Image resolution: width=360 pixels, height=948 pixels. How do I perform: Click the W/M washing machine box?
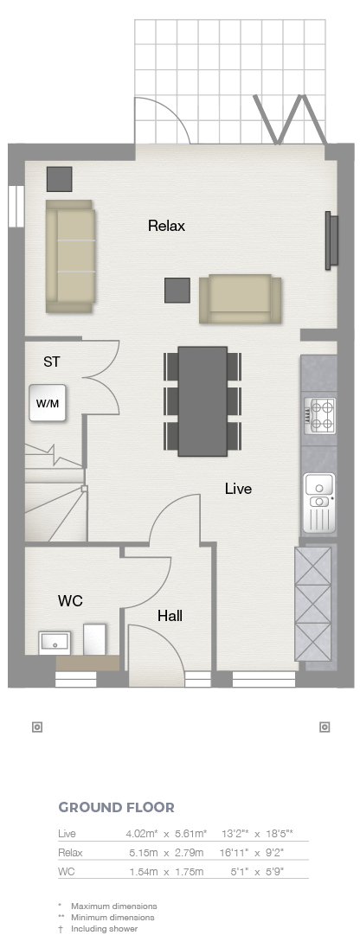tap(48, 403)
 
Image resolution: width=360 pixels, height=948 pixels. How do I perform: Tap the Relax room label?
tap(166, 226)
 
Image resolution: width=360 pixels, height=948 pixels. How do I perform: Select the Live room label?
tap(238, 489)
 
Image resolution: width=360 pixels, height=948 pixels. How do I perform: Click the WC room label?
tap(70, 601)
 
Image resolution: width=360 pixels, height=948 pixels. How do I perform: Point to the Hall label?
tap(170, 616)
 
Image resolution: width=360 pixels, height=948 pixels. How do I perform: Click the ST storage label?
tap(52, 362)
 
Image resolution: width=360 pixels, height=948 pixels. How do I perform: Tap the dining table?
tap(202, 400)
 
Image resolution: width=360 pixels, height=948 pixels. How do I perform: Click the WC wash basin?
tap(55, 643)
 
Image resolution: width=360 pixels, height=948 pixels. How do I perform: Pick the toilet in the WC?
tap(94, 639)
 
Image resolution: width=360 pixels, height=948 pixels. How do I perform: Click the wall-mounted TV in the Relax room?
tap(331, 240)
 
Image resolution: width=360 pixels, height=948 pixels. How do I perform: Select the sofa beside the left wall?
tap(70, 256)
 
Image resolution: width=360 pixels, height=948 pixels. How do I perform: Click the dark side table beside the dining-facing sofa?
tap(177, 291)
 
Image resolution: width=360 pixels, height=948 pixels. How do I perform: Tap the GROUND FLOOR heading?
tap(116, 807)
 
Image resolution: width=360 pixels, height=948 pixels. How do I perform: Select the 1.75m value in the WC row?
tap(189, 872)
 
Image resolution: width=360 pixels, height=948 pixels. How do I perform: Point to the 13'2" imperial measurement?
tap(235, 833)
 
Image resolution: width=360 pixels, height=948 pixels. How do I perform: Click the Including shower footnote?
tap(104, 929)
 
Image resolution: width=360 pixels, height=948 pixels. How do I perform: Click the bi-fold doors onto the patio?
tap(289, 119)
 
